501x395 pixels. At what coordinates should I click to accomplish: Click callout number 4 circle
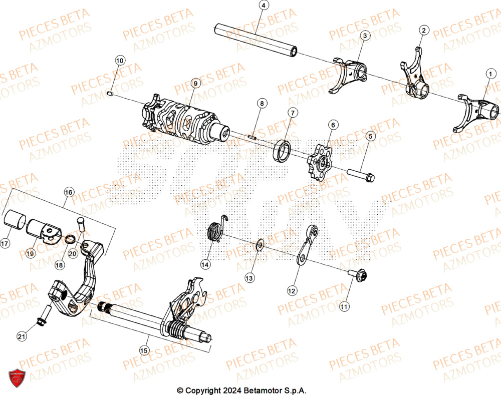coord(264,6)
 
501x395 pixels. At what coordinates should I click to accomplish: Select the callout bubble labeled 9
coord(195,83)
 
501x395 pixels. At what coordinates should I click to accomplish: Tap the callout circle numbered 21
coord(21,337)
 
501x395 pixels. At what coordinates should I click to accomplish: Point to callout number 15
coord(144,350)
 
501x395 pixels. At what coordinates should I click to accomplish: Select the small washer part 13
coord(260,244)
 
